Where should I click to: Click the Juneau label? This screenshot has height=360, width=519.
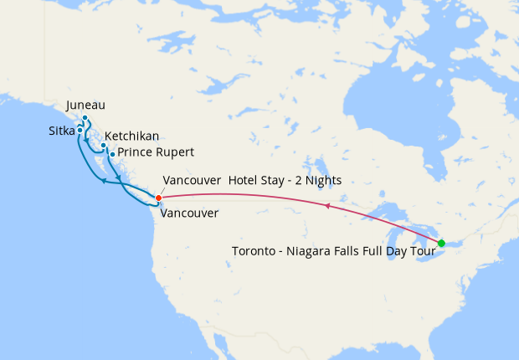85,105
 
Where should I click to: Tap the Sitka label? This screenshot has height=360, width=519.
61,131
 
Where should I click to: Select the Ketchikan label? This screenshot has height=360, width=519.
132,136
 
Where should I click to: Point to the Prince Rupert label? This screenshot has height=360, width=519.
157,152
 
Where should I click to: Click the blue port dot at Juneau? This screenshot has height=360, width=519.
85,118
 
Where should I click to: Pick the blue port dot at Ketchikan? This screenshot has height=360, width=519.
103,146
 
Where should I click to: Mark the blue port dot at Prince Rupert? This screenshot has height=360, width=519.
112,154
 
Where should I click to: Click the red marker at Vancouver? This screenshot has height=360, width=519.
158,198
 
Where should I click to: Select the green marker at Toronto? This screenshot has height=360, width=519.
441,244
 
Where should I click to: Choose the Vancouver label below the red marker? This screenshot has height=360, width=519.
189,213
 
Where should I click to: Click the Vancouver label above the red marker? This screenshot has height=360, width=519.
192,180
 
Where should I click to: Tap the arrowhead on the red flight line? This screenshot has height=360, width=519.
328,205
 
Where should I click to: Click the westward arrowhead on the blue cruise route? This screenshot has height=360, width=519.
103,181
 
